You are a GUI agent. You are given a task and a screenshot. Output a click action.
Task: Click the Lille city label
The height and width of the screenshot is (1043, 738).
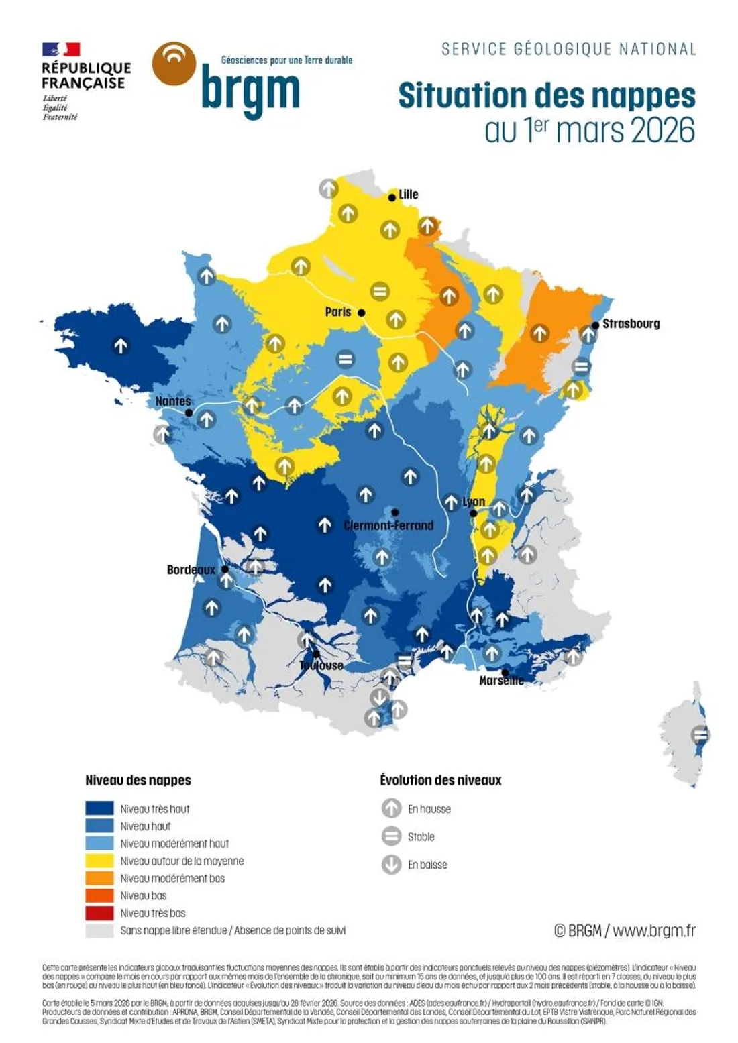coord(408,195)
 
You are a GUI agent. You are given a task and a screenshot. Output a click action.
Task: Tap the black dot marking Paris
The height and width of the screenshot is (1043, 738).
coord(361,313)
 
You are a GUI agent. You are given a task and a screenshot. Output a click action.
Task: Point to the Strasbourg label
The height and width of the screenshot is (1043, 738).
coord(631,324)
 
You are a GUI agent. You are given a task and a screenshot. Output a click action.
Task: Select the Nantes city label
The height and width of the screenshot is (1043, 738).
coord(173,401)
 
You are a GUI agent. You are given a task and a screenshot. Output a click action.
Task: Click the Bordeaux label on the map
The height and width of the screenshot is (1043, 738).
coord(191,570)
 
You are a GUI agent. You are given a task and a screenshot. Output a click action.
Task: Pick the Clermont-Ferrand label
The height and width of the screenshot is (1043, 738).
coord(388,525)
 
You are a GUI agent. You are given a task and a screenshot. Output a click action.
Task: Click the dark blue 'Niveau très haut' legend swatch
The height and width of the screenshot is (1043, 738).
coord(99,808)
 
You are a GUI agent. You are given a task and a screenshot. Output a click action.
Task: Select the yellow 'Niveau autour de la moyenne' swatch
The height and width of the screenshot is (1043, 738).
coord(99,861)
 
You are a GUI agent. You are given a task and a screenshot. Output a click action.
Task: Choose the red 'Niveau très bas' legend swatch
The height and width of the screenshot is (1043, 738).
coord(99,913)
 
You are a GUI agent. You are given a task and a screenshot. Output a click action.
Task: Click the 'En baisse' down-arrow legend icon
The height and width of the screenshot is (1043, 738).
coord(391,865)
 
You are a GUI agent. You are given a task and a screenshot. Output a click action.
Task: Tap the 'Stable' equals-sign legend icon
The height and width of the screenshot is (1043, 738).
coord(391,836)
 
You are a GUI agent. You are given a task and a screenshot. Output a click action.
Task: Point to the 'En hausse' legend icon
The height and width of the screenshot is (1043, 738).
coord(391,808)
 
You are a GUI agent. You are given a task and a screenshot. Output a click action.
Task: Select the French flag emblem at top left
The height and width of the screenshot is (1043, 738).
coord(61,50)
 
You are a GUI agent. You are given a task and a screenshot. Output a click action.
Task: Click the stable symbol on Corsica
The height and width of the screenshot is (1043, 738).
coord(700,734)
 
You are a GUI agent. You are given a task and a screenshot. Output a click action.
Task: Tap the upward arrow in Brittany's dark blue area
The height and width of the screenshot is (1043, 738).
coord(121,346)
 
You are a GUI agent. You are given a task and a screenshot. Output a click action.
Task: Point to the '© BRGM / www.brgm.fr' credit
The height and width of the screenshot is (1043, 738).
coord(624,930)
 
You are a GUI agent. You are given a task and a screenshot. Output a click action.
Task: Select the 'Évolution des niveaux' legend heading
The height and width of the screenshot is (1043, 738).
coord(440,780)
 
